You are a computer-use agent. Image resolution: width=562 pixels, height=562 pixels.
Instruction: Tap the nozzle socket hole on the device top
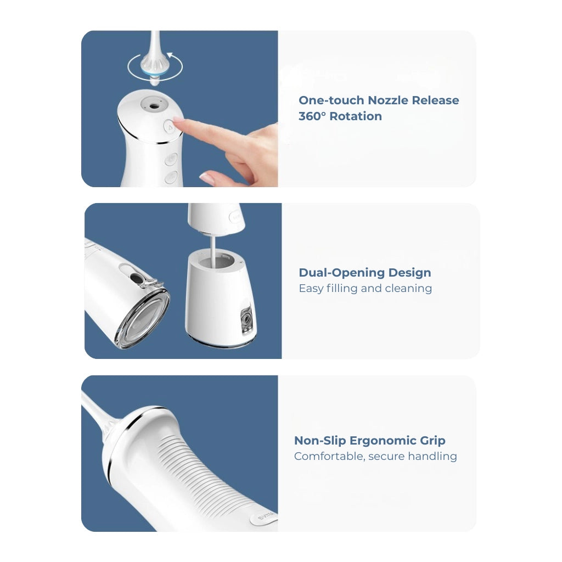click(153, 103)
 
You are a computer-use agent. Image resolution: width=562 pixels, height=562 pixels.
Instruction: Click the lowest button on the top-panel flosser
click(171, 177)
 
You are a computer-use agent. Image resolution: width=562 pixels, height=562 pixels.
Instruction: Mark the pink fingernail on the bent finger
click(207, 177)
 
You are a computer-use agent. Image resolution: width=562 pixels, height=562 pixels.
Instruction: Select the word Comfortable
click(329, 457)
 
